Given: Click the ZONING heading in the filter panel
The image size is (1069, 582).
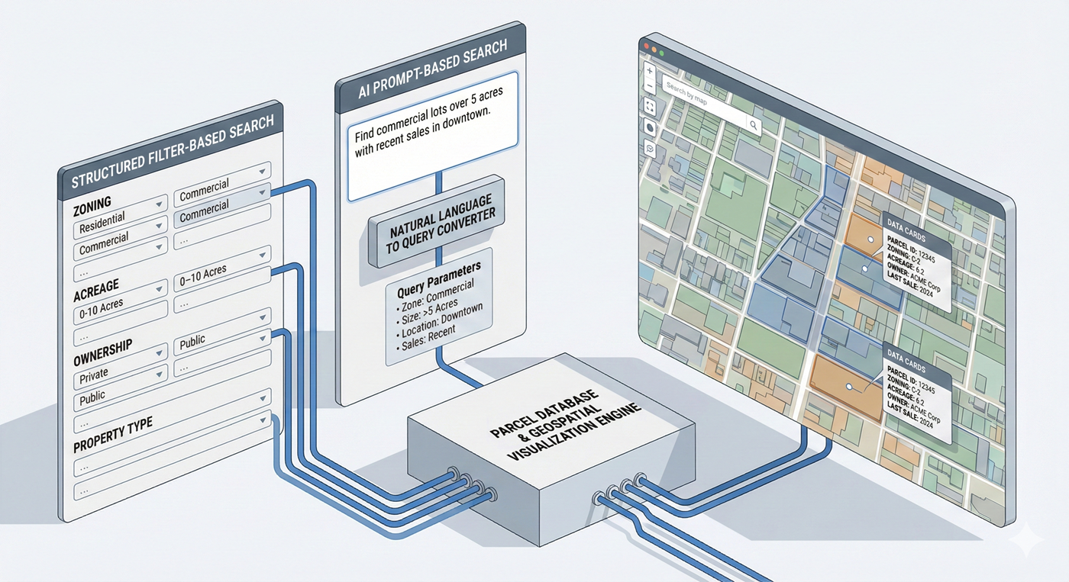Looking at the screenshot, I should (x=92, y=204).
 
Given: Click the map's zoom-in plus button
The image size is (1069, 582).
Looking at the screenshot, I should (x=649, y=71).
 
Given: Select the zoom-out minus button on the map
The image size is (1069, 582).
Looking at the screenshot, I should (x=649, y=87).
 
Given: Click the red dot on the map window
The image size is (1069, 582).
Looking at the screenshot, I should (x=646, y=47).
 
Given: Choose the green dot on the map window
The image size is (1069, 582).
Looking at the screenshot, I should (x=661, y=53).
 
